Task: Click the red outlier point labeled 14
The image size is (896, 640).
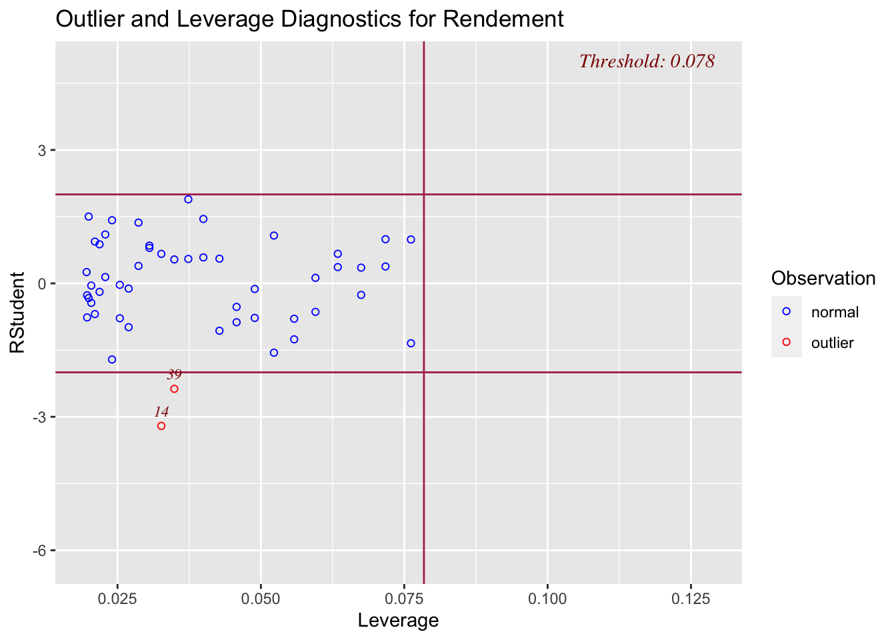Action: click(161, 426)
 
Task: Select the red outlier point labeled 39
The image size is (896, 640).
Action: click(175, 389)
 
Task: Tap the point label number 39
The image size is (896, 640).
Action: click(174, 375)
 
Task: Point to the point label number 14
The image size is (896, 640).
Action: click(161, 412)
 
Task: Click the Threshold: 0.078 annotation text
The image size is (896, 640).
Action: click(647, 61)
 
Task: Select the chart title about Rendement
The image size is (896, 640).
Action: click(309, 19)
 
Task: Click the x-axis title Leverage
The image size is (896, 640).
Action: click(398, 621)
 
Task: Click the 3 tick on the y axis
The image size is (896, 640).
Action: click(43, 151)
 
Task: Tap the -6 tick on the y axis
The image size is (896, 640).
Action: click(40, 551)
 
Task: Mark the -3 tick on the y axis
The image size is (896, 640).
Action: click(40, 417)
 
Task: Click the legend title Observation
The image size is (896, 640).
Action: click(823, 279)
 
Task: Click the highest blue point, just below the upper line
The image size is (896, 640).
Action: click(188, 199)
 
